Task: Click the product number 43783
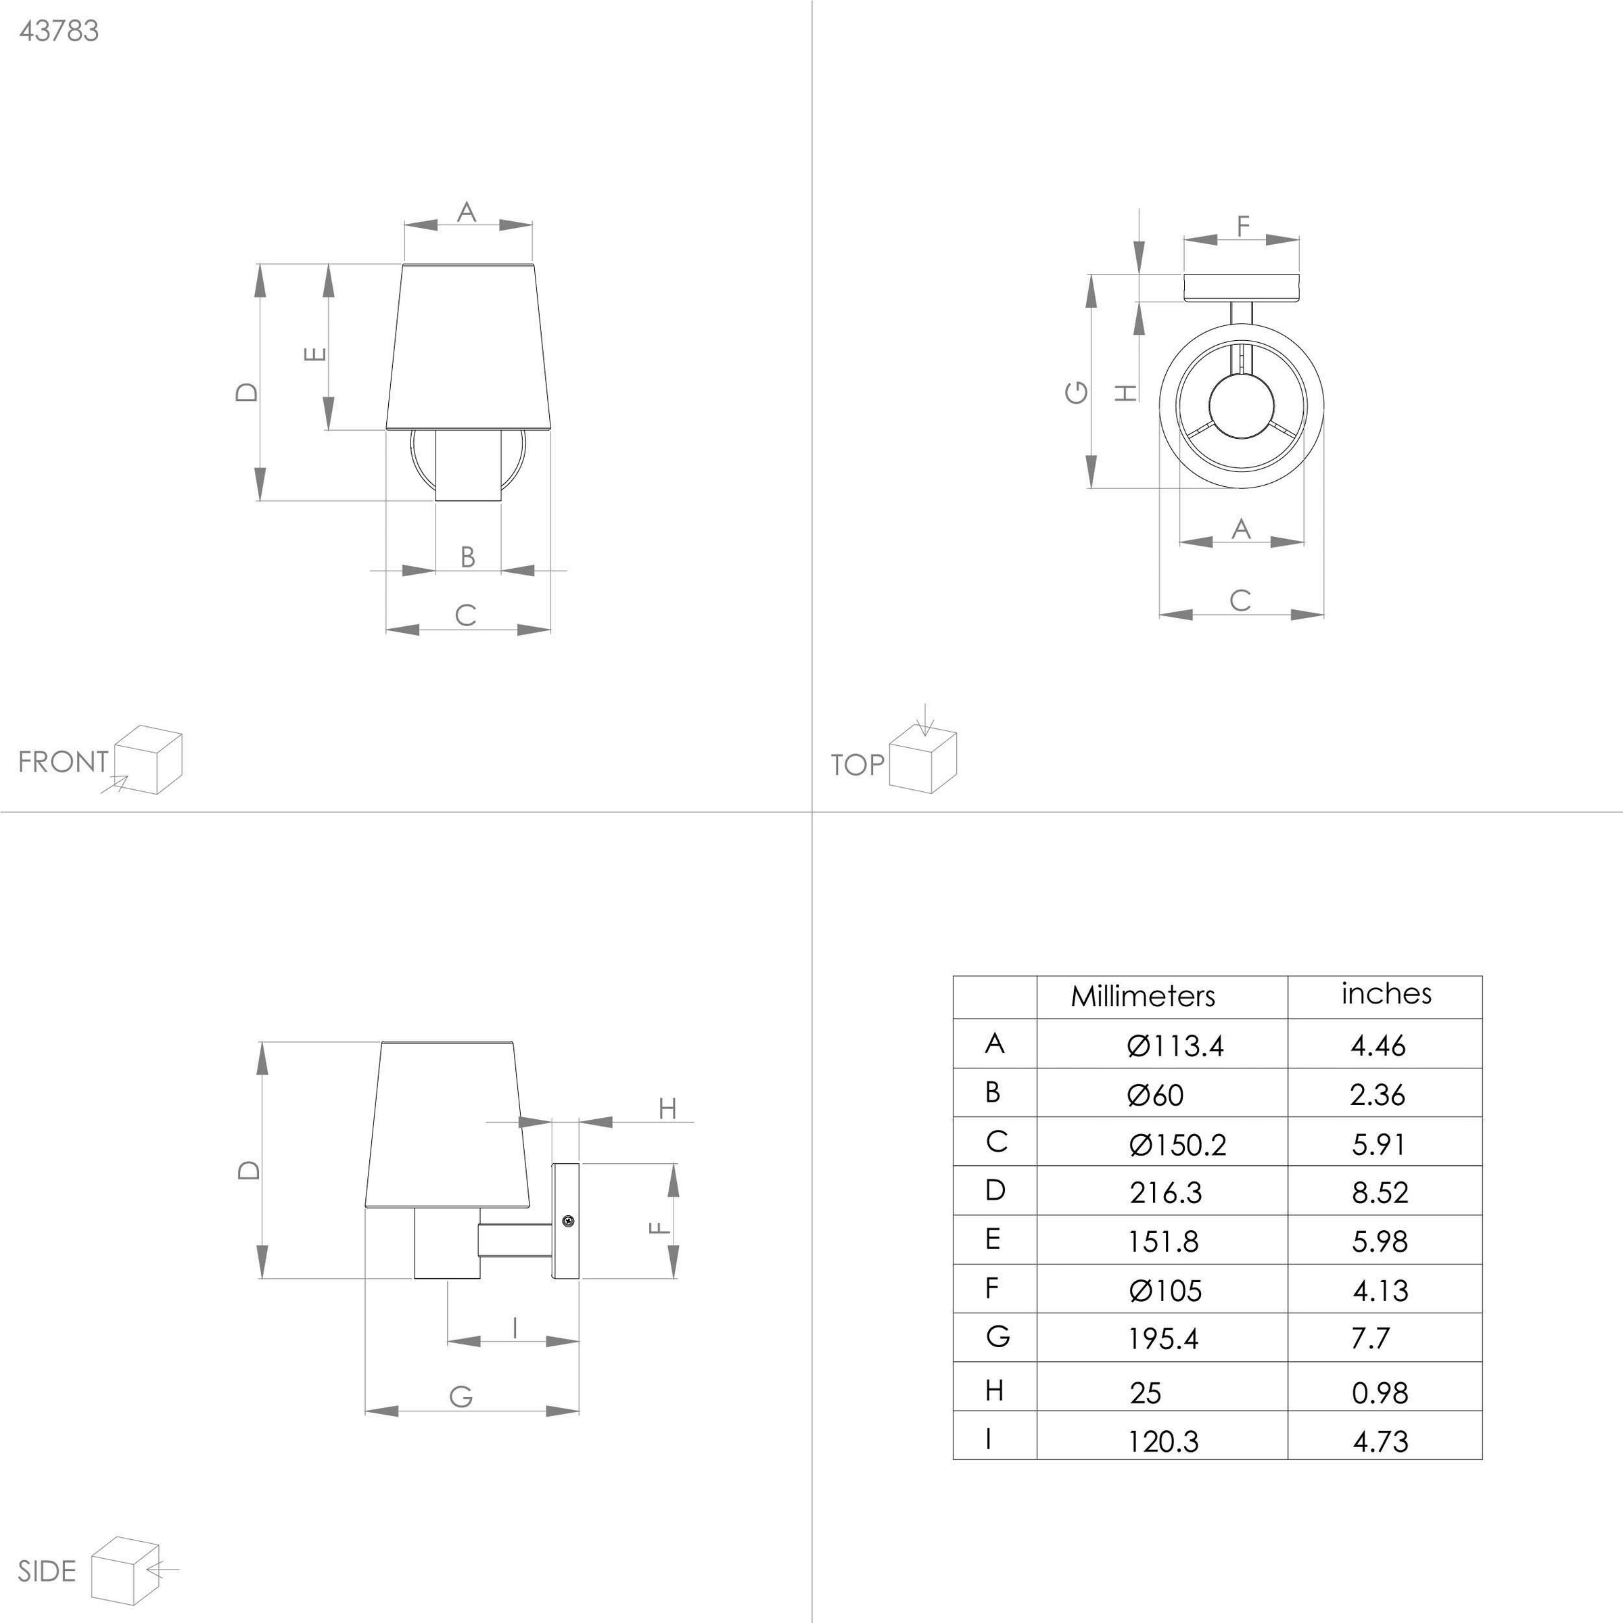point(59,31)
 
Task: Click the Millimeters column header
point(1142,996)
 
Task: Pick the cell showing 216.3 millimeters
point(1165,1192)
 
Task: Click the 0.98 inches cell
point(1380,1393)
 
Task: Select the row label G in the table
point(997,1336)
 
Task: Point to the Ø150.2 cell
point(1178,1144)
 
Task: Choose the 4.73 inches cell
point(1380,1442)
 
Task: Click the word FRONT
point(63,762)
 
